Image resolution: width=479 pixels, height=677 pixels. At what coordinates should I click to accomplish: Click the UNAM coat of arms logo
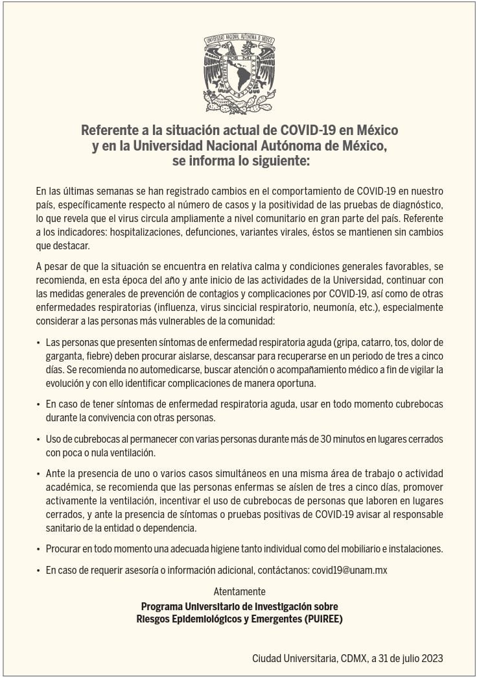coord(240,73)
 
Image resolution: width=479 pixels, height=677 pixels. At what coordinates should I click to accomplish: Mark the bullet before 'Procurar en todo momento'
coord(38,549)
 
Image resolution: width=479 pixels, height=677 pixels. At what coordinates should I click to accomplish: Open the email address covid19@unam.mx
coord(349,571)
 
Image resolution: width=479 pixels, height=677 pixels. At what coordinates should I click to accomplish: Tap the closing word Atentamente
coord(239,591)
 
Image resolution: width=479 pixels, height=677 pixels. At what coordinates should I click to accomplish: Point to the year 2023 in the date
coord(431,658)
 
